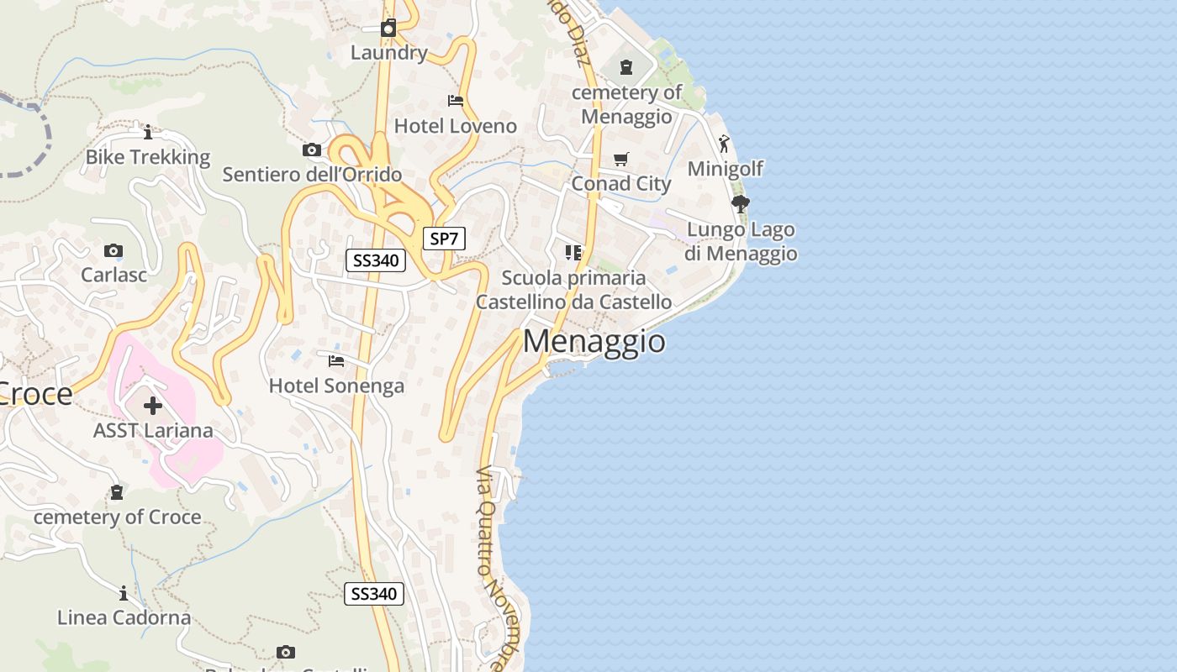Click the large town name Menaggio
click(594, 342)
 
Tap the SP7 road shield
click(443, 239)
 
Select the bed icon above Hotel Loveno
click(456, 101)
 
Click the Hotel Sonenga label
click(336, 386)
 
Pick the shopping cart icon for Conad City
click(621, 159)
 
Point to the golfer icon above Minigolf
click(724, 144)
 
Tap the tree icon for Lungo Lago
click(741, 204)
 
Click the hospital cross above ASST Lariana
click(153, 406)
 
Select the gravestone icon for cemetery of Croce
click(117, 491)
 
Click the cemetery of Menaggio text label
click(627, 104)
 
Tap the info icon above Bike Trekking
click(148, 132)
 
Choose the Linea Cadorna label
click(124, 617)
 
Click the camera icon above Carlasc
click(113, 250)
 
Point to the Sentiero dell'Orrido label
click(312, 175)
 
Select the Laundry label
click(389, 53)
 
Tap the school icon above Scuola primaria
click(573, 252)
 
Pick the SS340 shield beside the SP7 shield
click(376, 260)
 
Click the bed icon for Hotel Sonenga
click(336, 361)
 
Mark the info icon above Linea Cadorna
click(124, 593)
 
